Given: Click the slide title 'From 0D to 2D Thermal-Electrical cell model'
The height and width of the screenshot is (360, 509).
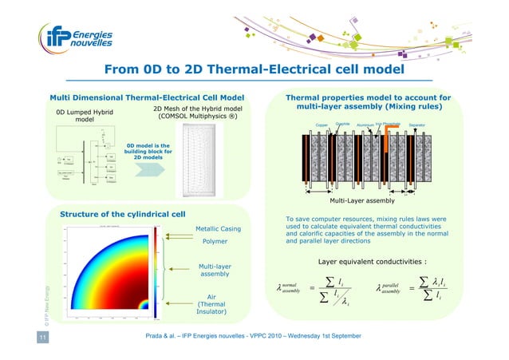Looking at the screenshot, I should click(x=254, y=73).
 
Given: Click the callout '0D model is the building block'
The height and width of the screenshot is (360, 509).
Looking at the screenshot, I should click(x=144, y=151).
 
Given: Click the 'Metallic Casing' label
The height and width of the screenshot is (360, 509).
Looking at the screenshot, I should click(x=215, y=229).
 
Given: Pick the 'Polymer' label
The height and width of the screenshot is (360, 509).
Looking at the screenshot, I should click(x=215, y=241).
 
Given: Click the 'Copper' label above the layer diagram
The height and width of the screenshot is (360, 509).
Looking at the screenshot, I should click(x=322, y=125).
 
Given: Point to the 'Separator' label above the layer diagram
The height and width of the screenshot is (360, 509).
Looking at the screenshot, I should click(x=416, y=125).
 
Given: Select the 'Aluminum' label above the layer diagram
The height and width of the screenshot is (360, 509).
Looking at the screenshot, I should click(x=366, y=125).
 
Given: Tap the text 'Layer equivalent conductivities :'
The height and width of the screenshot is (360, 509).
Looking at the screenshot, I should click(x=371, y=261).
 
